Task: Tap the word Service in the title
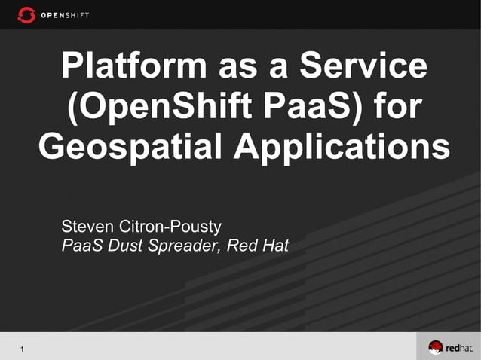coord(363,66)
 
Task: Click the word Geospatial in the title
coord(130,146)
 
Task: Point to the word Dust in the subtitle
coord(121,246)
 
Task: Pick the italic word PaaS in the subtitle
coord(79,246)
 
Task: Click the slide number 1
coord(23,348)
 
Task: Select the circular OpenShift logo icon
coord(26,14)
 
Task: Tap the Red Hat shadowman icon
coord(436,347)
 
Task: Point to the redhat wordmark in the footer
coord(458,348)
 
